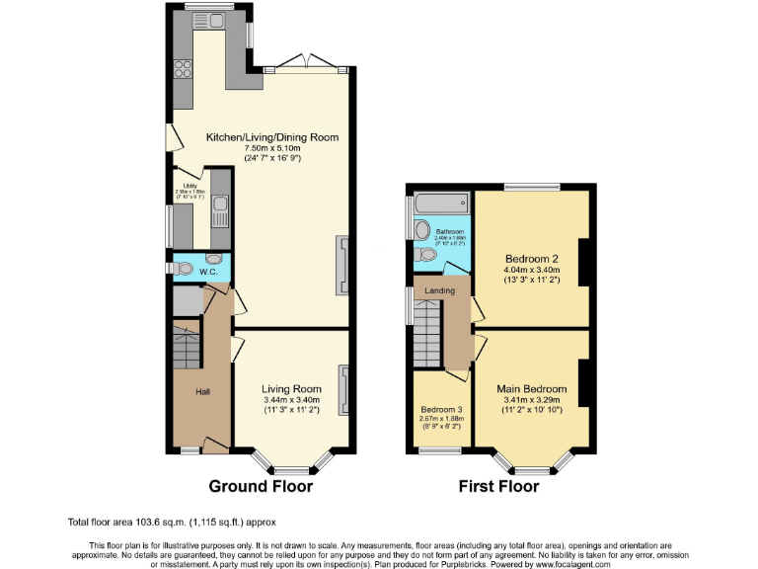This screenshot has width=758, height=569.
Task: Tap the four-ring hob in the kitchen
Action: point(183,69)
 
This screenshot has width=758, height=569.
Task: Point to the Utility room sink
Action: point(220,208)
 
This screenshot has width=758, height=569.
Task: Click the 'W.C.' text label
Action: point(208,270)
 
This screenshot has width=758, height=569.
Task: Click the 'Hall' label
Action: point(202,392)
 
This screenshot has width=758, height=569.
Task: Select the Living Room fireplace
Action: point(343,389)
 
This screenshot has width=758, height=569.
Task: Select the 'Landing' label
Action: point(439,291)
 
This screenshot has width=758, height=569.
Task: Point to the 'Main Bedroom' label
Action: point(531,389)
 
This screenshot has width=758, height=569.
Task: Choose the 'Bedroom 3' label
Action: point(441,408)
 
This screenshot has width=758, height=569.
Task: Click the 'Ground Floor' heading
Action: point(261,486)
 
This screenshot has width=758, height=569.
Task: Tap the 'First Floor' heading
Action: point(498,486)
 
